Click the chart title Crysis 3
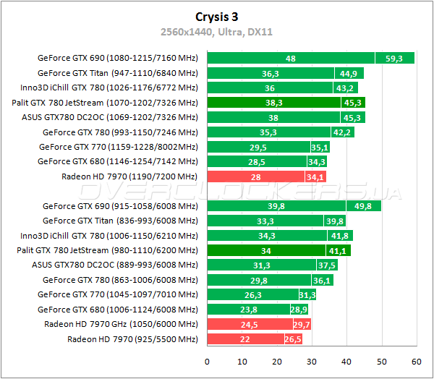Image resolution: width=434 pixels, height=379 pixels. (216, 16)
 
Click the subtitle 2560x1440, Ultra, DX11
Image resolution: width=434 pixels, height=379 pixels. (216, 32)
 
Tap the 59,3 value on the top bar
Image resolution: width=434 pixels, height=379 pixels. (394, 59)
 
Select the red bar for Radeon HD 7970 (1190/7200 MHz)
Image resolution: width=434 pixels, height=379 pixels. (266, 176)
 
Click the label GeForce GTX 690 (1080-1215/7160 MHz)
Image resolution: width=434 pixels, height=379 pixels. (117, 58)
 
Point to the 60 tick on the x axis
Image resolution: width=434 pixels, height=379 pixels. (416, 361)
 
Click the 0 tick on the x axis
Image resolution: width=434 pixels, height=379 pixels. (208, 361)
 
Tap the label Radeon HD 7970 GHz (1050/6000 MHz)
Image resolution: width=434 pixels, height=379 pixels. (121, 324)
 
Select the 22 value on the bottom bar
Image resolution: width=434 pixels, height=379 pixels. (244, 339)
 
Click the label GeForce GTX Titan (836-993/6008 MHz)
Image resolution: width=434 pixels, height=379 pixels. (120, 221)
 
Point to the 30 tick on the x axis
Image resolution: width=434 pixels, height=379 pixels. (312, 361)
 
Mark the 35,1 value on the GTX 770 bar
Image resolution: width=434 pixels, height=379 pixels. (319, 147)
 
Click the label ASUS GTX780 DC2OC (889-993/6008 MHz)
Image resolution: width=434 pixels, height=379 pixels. (115, 265)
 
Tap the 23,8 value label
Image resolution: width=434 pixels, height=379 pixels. (248, 310)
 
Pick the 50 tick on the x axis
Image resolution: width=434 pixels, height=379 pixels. (381, 361)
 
